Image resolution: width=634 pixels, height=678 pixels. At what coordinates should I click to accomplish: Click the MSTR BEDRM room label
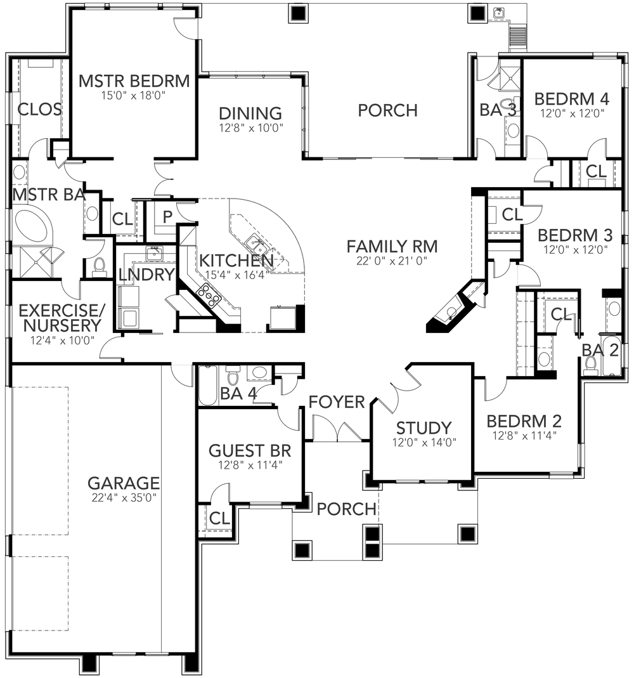134,81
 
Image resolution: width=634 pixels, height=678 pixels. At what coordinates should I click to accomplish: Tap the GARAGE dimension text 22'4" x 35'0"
124,497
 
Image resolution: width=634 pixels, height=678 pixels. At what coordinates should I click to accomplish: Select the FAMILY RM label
392,245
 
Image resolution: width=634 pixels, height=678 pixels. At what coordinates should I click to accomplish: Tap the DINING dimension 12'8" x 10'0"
250,127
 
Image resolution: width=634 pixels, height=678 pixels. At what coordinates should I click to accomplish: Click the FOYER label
337,401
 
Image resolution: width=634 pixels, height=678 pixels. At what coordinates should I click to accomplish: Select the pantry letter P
167,217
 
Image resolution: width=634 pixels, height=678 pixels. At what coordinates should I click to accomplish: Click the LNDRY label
146,275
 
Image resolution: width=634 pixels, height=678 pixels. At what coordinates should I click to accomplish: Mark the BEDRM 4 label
571,99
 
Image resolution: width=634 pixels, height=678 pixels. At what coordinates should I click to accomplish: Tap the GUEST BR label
250,451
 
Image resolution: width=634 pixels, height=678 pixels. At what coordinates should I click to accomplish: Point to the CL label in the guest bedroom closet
219,518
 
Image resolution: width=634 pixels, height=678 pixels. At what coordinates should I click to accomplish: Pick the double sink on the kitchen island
255,241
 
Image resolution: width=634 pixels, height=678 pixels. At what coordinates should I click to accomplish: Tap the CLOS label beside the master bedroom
39,110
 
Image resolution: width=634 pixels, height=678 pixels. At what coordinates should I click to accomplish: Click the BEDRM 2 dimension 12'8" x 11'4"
525,437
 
